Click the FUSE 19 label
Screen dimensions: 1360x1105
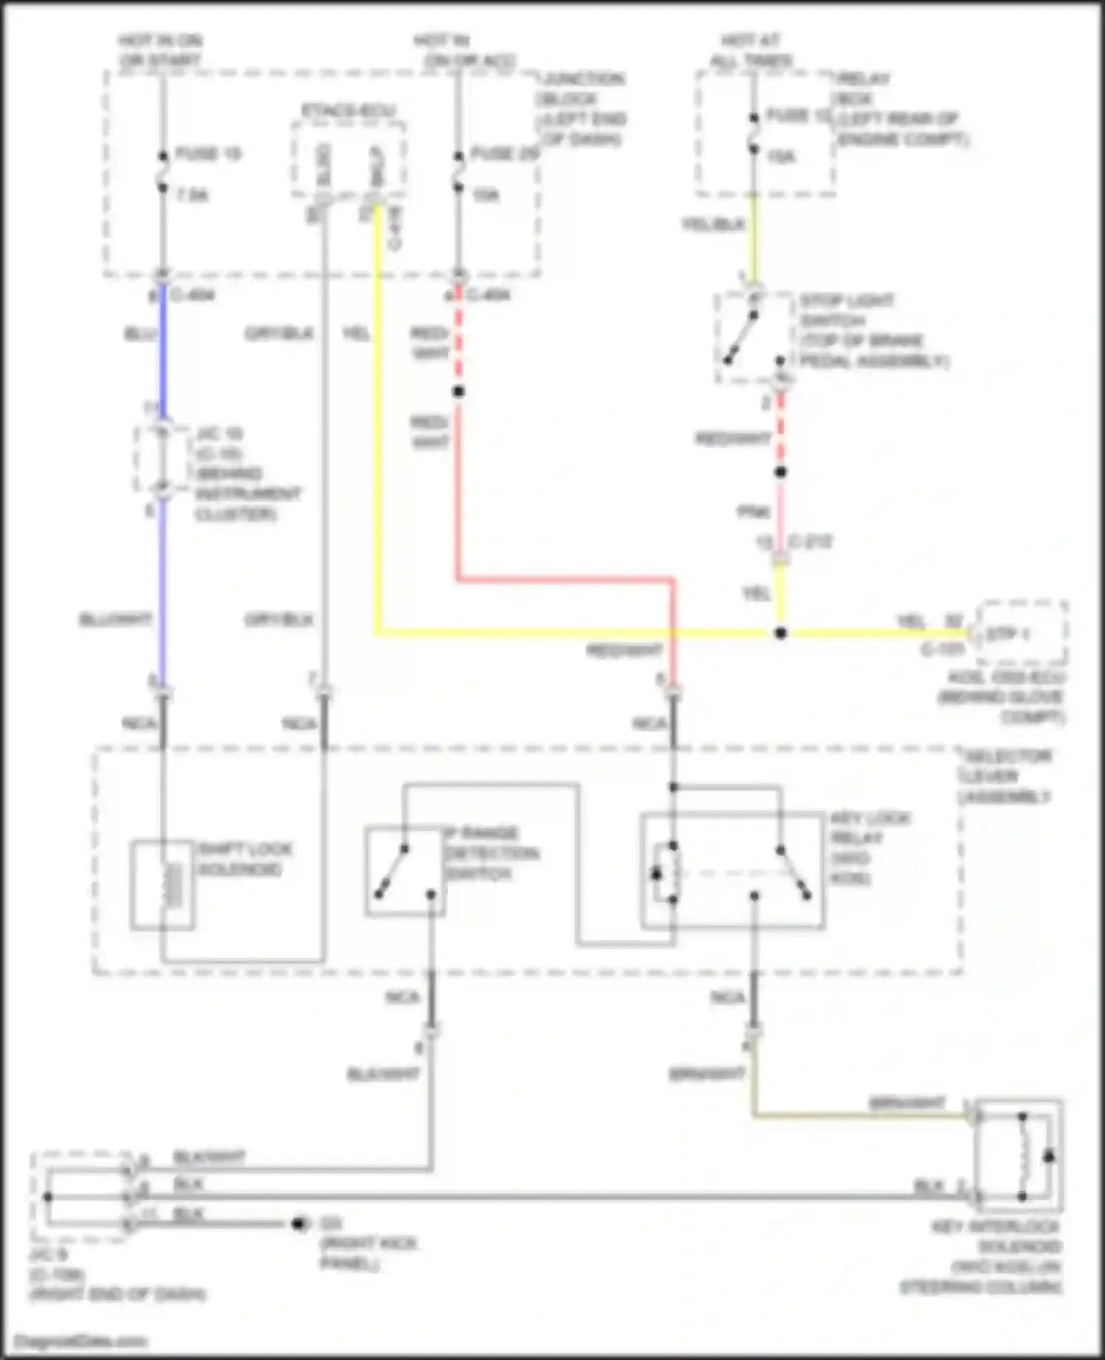click(208, 154)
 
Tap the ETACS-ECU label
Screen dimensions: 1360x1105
click(348, 111)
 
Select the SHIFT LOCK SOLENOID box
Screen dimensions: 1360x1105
click(163, 884)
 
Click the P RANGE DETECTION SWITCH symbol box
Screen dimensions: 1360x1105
click(404, 872)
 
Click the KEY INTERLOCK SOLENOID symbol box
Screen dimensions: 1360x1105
click(1020, 1156)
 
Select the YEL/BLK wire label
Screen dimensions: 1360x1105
click(713, 225)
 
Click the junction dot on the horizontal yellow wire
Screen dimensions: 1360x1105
click(781, 633)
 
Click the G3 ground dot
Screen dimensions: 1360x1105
click(298, 1224)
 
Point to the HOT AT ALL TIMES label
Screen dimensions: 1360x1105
click(751, 50)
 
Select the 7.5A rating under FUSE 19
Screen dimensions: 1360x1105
click(192, 195)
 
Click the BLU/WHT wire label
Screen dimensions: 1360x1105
click(116, 620)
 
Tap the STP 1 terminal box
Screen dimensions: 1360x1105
click(1022, 634)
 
